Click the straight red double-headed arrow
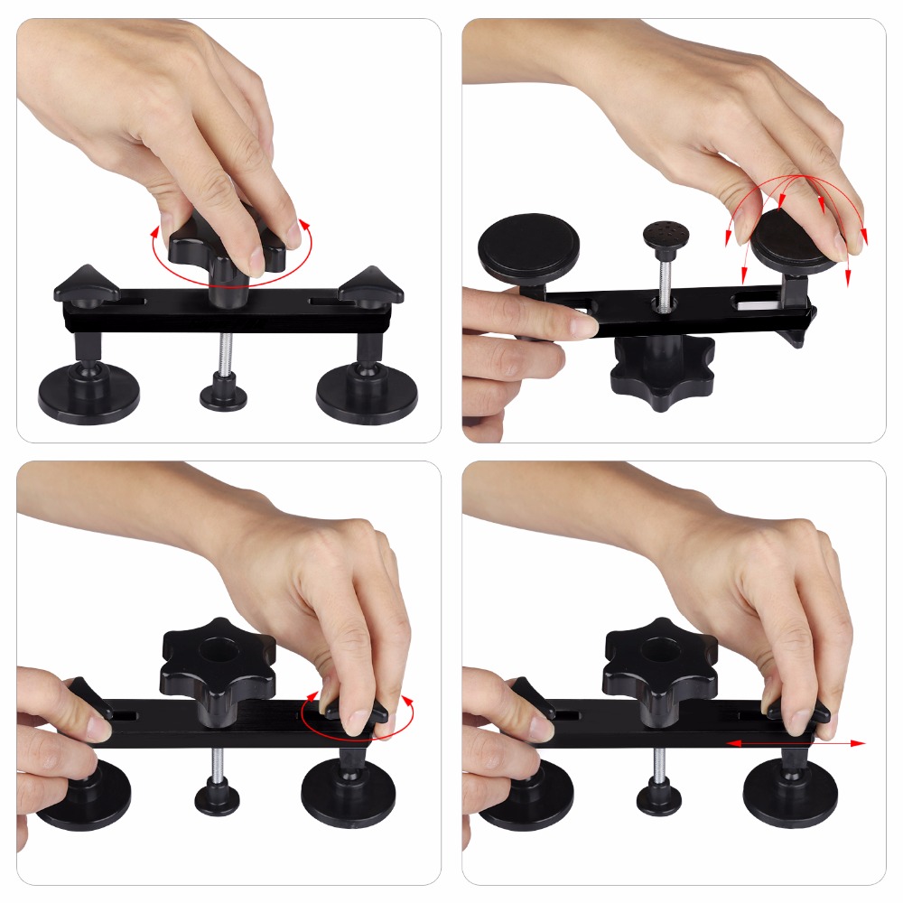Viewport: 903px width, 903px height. [x=795, y=743]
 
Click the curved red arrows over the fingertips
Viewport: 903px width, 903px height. [x=795, y=217]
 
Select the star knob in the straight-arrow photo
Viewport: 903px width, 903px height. [x=660, y=664]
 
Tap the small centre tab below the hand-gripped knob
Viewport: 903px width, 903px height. [x=223, y=396]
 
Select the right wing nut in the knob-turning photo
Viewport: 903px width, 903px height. [x=371, y=286]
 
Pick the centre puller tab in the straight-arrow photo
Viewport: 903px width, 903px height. [x=659, y=797]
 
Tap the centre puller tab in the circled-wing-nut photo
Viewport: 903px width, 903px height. [x=218, y=798]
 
